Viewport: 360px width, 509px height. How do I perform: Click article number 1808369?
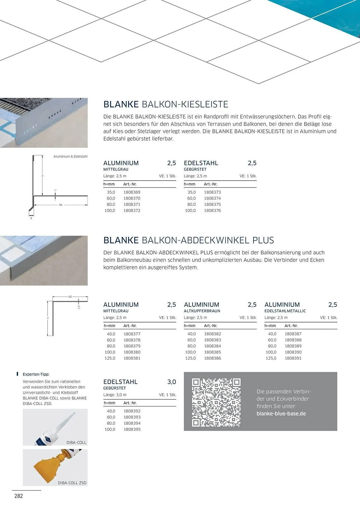[x=132, y=192]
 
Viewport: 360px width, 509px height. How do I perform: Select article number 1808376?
[x=212, y=210]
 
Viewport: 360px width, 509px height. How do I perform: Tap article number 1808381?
[x=132, y=358]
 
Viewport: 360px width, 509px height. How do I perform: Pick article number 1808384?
[x=212, y=346]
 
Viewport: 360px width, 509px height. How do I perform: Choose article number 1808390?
[x=293, y=352]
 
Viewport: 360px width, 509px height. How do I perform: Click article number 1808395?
[x=132, y=429]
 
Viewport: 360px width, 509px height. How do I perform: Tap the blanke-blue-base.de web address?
[x=281, y=414]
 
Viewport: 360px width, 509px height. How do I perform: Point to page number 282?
[x=19, y=496]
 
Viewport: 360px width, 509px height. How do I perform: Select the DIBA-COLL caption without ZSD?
[x=76, y=443]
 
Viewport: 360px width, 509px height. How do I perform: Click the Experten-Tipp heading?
[x=36, y=374]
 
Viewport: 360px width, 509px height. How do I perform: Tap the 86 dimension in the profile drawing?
[x=61, y=205]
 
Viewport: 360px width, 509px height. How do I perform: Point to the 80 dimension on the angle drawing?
[x=70, y=297]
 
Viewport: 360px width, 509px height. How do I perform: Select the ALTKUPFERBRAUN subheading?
[x=202, y=311]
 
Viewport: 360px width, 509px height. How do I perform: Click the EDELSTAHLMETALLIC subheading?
[x=285, y=311]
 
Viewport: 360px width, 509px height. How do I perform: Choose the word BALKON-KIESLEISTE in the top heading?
[x=185, y=104]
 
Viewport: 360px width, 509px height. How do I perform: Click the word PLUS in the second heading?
[x=263, y=240]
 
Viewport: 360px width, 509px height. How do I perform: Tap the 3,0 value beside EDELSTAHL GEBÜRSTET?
[x=172, y=382]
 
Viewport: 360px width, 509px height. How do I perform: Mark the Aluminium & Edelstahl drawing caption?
[x=70, y=157]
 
